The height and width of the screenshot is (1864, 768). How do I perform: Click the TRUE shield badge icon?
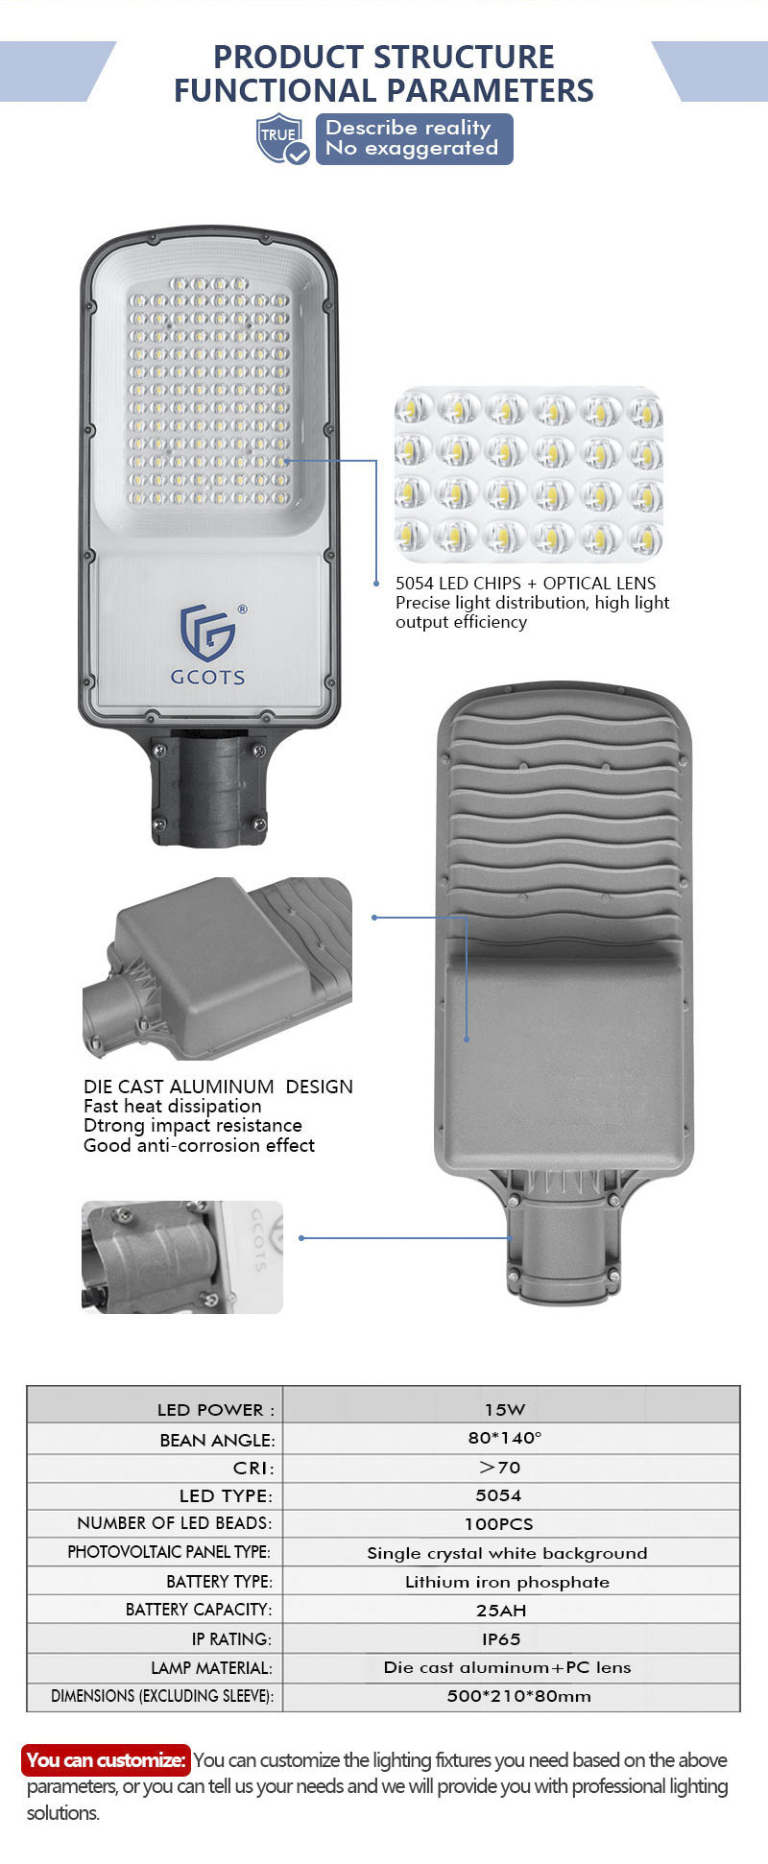pos(282,139)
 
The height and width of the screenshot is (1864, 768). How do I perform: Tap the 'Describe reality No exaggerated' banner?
pos(414,139)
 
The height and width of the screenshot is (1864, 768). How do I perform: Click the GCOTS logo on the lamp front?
pos(208,644)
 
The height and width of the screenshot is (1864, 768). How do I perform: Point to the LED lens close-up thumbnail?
pos(529,474)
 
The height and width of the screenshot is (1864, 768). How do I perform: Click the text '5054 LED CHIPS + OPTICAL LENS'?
pos(526,583)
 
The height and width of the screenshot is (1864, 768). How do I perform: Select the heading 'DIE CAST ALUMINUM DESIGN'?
pos(218,1087)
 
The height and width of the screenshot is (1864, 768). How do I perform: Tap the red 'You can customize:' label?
pos(106,1759)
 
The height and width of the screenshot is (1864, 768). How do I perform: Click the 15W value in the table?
pos(505,1409)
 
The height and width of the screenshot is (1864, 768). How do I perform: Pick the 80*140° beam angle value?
pos(505,1438)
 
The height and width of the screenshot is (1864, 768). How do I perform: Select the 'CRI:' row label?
pos(253,1468)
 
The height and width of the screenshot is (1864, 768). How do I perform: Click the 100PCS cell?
pos(499,1523)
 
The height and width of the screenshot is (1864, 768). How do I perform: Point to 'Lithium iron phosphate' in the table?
pos(507,1582)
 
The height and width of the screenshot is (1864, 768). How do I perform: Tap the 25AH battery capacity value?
pos(501,1610)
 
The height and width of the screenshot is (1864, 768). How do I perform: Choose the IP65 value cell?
pos(501,1638)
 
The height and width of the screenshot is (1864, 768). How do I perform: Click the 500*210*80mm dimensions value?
pos(518,1696)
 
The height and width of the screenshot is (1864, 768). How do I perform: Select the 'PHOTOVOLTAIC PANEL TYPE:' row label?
pos(169,1552)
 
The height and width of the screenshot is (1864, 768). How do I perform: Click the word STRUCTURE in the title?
pos(464,57)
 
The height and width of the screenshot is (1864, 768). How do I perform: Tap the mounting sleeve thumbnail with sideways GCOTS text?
pos(182,1257)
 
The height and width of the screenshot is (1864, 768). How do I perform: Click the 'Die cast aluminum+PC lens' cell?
pos(508,1667)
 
